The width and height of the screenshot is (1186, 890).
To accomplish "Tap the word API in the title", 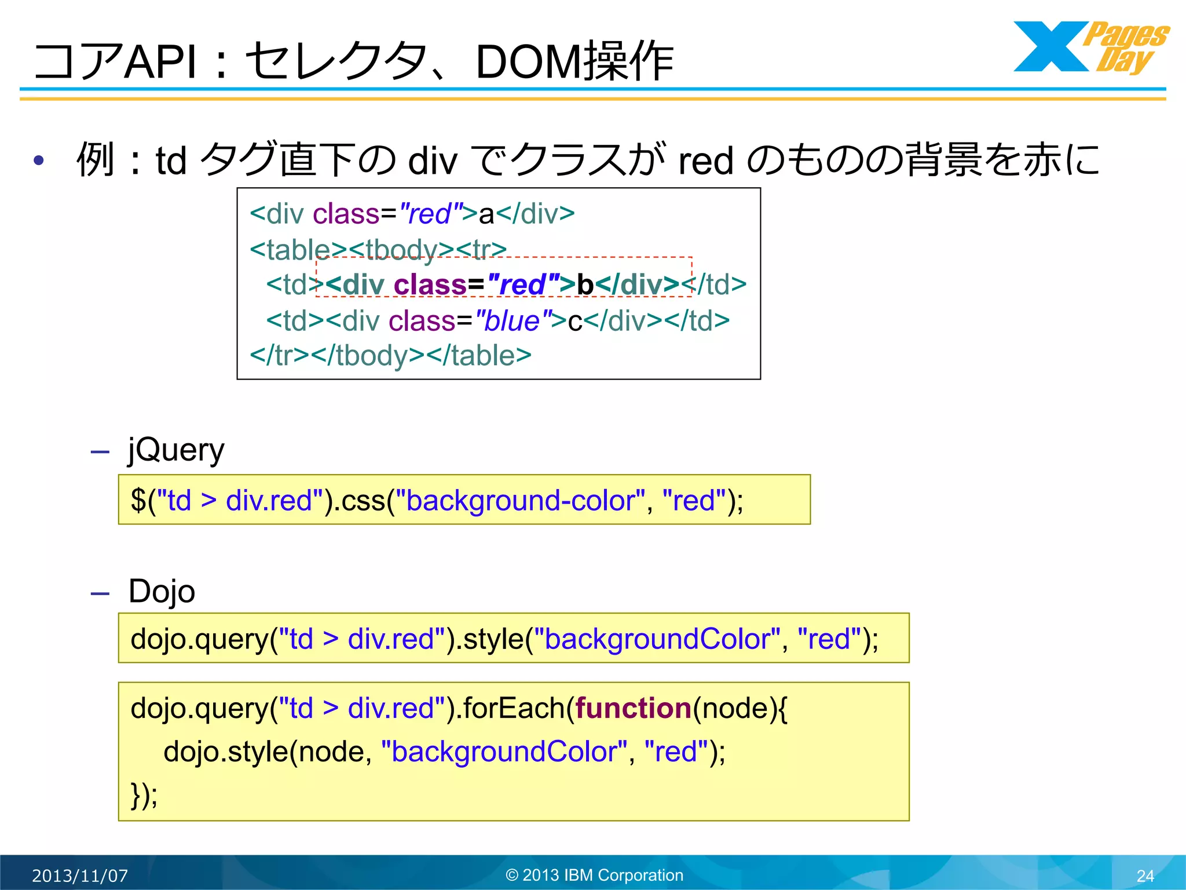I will (x=160, y=61).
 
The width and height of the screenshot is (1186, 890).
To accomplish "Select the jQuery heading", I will (x=176, y=450).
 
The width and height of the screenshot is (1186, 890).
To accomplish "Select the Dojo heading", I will (x=162, y=592).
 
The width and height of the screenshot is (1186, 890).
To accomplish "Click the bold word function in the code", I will (x=634, y=708).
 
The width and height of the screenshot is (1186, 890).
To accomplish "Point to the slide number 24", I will (x=1145, y=876).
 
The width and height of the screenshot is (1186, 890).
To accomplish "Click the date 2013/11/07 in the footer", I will (x=80, y=876).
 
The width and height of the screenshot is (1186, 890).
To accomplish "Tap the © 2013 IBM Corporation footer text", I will (x=594, y=875).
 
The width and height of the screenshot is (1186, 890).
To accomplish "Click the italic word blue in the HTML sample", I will (x=512, y=321).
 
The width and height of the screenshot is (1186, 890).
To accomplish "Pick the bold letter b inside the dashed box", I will (x=585, y=285).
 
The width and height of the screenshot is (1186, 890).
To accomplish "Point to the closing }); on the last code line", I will (x=144, y=794).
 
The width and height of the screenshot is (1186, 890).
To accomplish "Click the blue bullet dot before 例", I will (x=39, y=161).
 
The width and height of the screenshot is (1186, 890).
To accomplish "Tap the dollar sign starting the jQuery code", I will (x=138, y=501).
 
